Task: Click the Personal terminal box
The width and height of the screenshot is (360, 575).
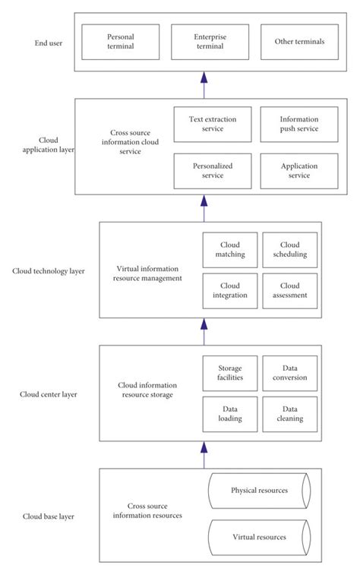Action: (x=120, y=42)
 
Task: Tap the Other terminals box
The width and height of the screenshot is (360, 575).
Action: (x=299, y=42)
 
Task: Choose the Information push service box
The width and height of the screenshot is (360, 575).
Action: (x=299, y=125)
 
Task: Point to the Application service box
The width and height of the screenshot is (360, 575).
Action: (x=299, y=171)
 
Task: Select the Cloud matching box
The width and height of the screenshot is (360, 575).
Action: (x=230, y=250)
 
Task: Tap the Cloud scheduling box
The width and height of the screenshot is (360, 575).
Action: (x=289, y=250)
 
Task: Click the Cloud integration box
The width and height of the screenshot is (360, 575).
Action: (x=230, y=291)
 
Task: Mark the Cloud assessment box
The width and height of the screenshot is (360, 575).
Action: (x=289, y=291)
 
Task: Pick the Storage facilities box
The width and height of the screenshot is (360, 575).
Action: (x=230, y=373)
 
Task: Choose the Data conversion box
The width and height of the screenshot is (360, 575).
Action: (x=289, y=373)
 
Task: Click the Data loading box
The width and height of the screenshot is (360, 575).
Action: (x=230, y=414)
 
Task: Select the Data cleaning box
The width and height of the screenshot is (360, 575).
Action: (x=289, y=414)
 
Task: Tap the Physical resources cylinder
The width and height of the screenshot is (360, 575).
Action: (x=258, y=491)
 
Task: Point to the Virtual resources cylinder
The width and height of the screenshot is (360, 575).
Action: (x=258, y=537)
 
